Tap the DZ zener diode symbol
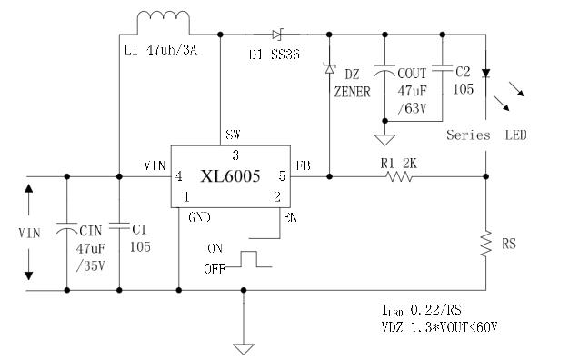pos(328,69)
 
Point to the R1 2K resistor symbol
pos(399,176)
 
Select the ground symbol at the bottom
pos(243,346)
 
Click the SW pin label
pos(234,135)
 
